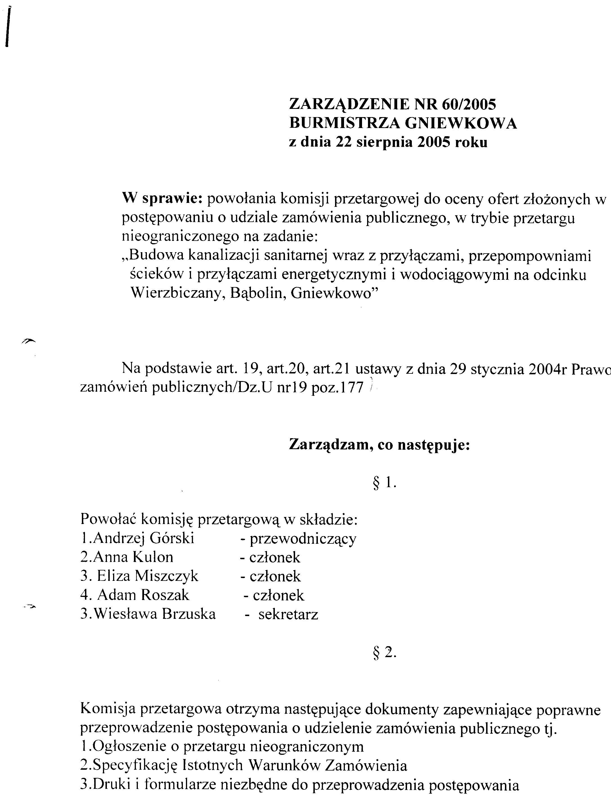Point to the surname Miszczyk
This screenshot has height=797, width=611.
pyautogui.click(x=167, y=576)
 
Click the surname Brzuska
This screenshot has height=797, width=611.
pyautogui.click(x=189, y=614)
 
